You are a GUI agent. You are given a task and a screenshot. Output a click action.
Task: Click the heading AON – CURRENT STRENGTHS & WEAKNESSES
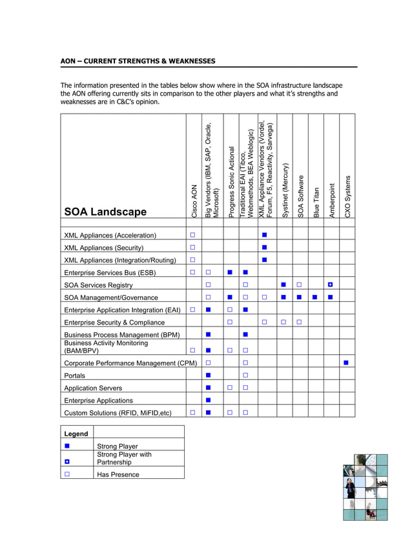click(x=138, y=61)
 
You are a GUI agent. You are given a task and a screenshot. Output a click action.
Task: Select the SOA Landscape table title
click(x=105, y=212)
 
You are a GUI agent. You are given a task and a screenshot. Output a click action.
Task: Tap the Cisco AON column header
click(x=194, y=201)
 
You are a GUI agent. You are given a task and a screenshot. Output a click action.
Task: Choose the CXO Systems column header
click(x=348, y=196)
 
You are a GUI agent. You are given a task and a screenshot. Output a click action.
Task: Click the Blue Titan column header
click(x=316, y=202)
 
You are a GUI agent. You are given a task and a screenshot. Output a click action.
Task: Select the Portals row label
click(x=74, y=376)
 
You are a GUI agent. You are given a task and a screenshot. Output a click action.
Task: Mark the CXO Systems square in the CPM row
click(x=346, y=363)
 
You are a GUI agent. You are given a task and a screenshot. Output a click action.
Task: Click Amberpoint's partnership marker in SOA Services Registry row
click(x=330, y=285)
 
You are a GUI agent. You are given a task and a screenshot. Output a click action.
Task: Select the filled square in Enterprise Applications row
click(x=209, y=400)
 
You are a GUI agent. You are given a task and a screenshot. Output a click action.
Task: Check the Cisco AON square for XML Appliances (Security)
click(x=192, y=247)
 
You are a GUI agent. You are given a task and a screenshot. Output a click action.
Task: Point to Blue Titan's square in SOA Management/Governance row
click(x=314, y=297)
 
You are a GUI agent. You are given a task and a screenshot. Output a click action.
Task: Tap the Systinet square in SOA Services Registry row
click(x=283, y=285)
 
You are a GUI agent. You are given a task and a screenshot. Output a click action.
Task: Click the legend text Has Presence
click(x=118, y=474)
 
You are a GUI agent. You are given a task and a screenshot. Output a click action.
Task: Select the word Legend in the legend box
click(x=76, y=434)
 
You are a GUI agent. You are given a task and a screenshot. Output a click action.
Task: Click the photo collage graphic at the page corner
click(x=365, y=487)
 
